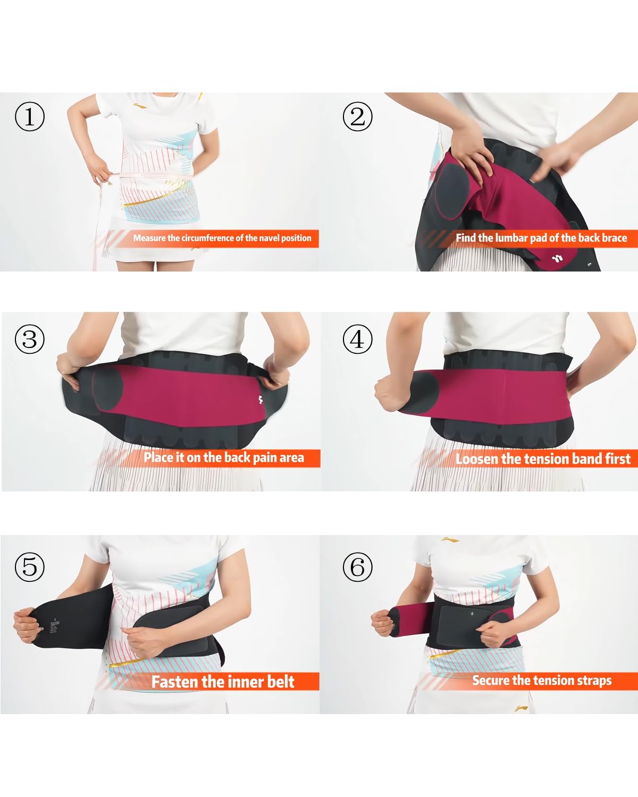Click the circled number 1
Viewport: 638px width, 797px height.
pyautogui.click(x=29, y=116)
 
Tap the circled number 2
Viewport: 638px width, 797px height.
pyautogui.click(x=357, y=116)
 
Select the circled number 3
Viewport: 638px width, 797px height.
pyautogui.click(x=29, y=339)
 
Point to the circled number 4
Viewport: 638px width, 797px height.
pyautogui.click(x=357, y=339)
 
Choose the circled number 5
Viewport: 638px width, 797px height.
pyautogui.click(x=29, y=566)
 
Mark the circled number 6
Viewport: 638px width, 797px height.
pyautogui.click(x=357, y=566)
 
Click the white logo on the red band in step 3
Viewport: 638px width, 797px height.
pyautogui.click(x=261, y=400)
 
